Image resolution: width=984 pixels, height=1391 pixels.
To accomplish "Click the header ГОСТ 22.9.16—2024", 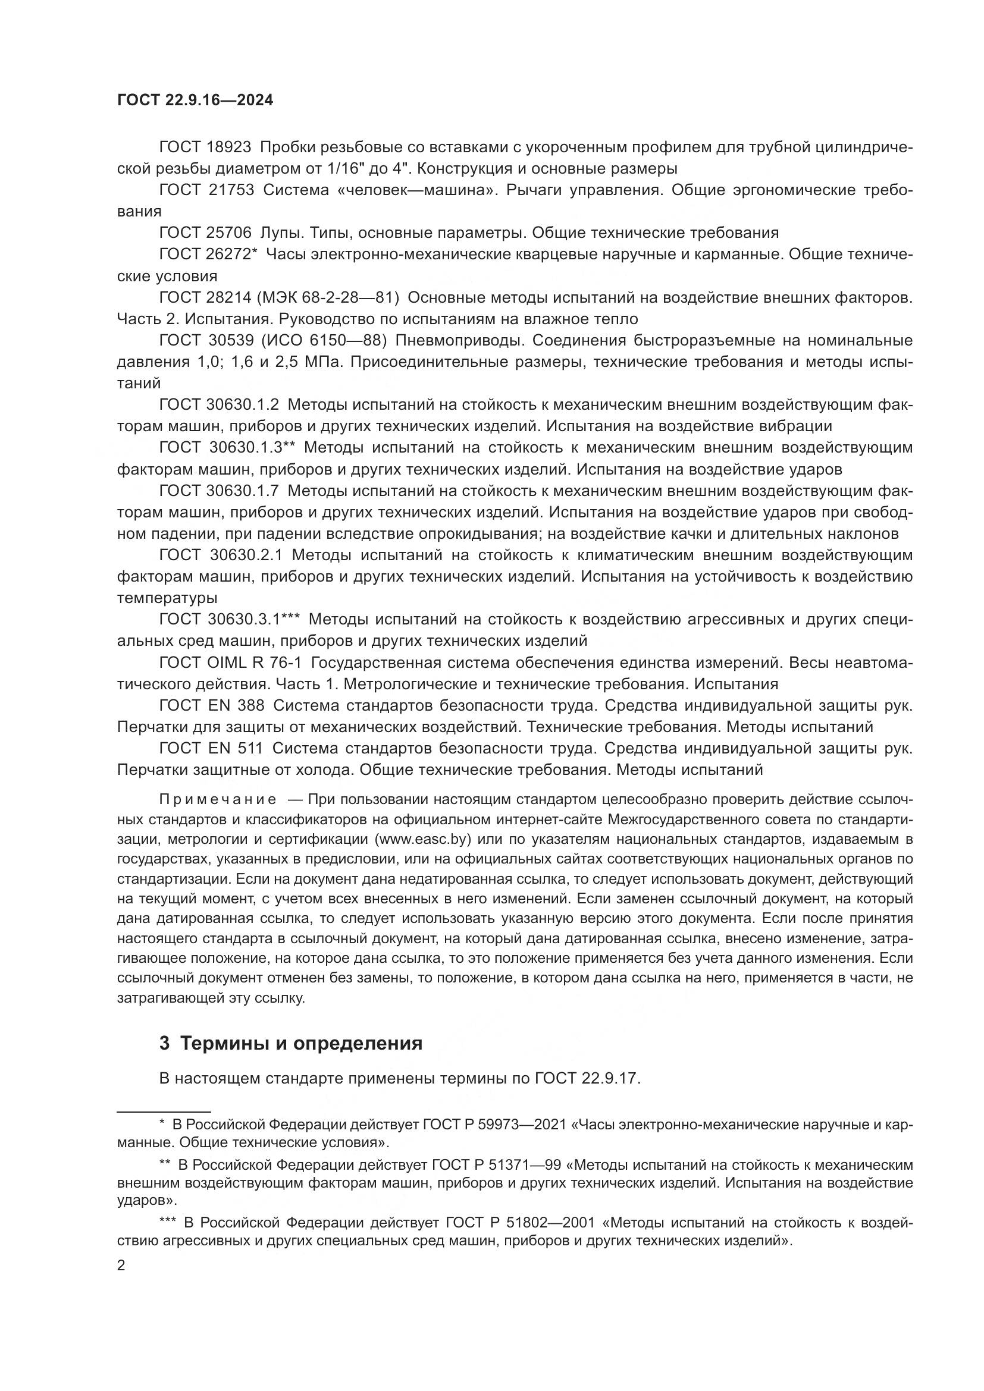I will (x=195, y=101).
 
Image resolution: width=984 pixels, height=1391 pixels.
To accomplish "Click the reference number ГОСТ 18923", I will (x=205, y=147).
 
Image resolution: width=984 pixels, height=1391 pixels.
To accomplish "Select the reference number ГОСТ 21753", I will (x=206, y=190).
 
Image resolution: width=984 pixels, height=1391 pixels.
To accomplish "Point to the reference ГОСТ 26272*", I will (x=208, y=255).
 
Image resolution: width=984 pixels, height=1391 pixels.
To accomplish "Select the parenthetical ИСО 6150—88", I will (x=324, y=341).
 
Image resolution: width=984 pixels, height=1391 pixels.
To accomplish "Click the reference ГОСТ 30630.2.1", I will (x=225, y=555).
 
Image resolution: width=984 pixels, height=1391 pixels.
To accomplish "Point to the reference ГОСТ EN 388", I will (x=211, y=705).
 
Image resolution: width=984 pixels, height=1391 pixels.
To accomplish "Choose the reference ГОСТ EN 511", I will (x=211, y=748).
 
